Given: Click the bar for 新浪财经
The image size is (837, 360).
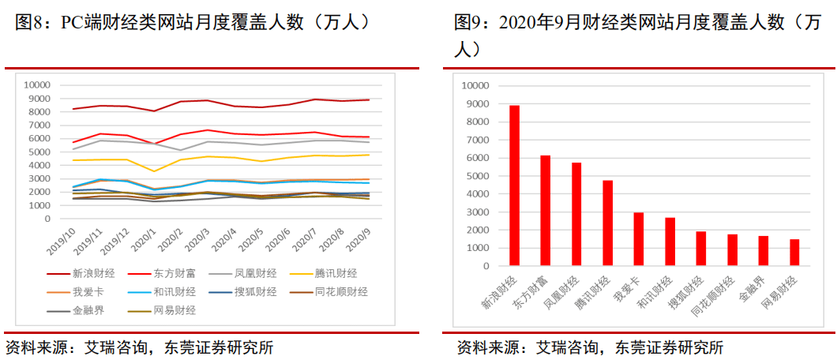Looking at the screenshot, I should (514, 186).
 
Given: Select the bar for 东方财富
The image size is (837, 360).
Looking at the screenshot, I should (545, 210).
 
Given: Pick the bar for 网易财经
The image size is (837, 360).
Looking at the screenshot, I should (794, 252).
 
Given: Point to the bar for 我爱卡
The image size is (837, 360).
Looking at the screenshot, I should (639, 238).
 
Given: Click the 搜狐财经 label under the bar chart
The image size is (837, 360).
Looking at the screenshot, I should (692, 293).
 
